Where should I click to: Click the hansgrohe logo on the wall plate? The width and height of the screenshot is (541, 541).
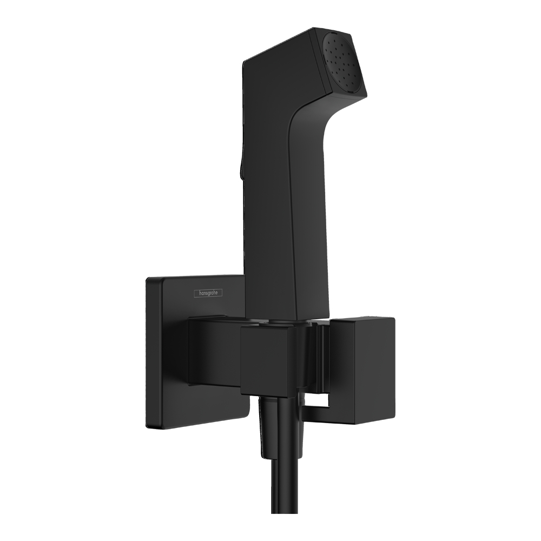208,293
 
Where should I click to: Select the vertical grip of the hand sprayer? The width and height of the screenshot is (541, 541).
270,216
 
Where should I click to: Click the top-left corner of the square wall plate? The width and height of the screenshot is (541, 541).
148,279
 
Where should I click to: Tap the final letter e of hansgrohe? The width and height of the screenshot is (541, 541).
219,293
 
